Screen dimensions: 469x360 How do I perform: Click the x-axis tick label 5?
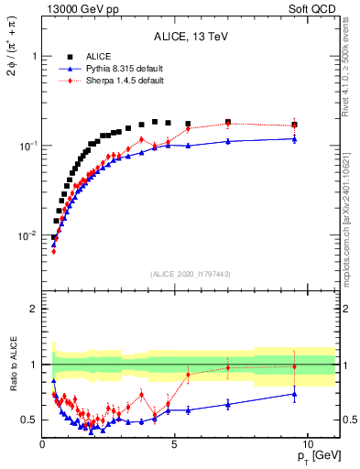(x=175, y=443)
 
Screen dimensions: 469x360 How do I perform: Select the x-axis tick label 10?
(x=307, y=443)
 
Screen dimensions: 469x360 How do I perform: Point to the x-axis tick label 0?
(x=43, y=443)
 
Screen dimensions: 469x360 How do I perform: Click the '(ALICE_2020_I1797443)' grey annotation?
(x=191, y=274)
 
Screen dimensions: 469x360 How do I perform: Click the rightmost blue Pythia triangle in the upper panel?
(x=294, y=138)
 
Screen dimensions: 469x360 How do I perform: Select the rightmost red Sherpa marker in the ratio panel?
(x=294, y=366)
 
